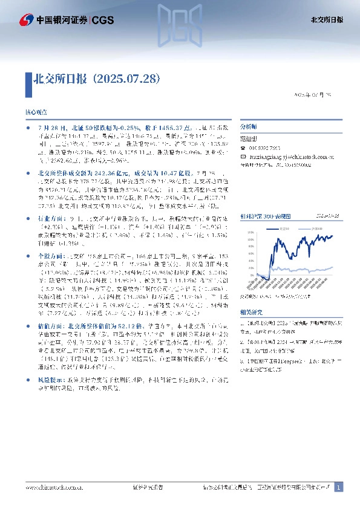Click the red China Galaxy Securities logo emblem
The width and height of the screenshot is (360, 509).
coord(25,20)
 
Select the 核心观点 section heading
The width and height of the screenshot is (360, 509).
coord(34,113)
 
